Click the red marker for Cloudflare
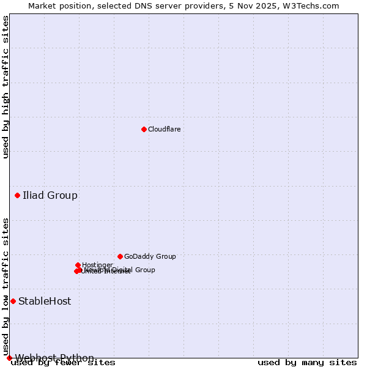[x=144, y=129]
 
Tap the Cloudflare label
[x=164, y=129]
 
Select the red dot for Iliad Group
[x=17, y=195]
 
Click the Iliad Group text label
[x=50, y=196]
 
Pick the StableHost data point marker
[x=13, y=301]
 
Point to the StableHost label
[x=45, y=302]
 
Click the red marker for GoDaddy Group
[x=120, y=256]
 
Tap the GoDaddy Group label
[x=150, y=257]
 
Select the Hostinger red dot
[x=78, y=265]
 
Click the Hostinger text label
[x=97, y=265]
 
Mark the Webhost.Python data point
[x=9, y=358]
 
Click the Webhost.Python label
[x=54, y=358]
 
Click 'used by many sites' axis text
[x=307, y=363]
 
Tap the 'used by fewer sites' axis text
[x=63, y=363]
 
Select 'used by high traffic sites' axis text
[x=6, y=87]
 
